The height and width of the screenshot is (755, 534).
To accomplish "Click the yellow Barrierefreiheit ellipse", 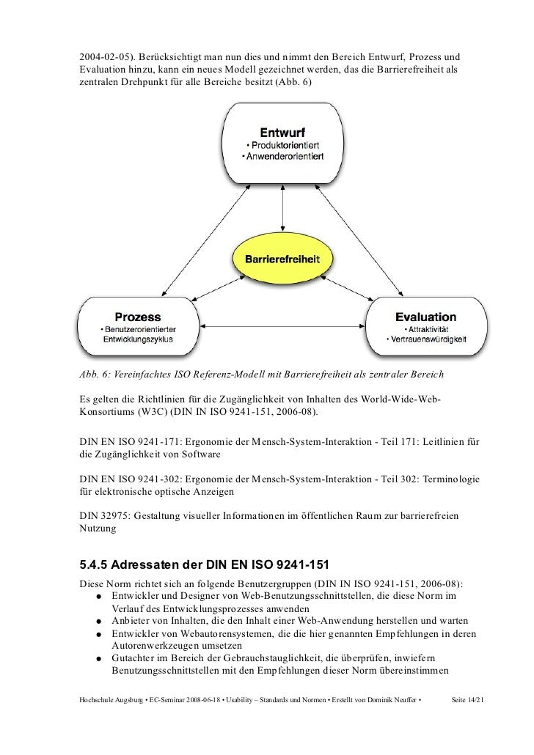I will [282, 259].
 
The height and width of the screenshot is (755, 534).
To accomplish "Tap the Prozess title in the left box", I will [136, 317].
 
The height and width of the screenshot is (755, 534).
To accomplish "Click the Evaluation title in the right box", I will [425, 317].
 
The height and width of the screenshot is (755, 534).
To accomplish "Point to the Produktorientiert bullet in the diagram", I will [286, 145].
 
